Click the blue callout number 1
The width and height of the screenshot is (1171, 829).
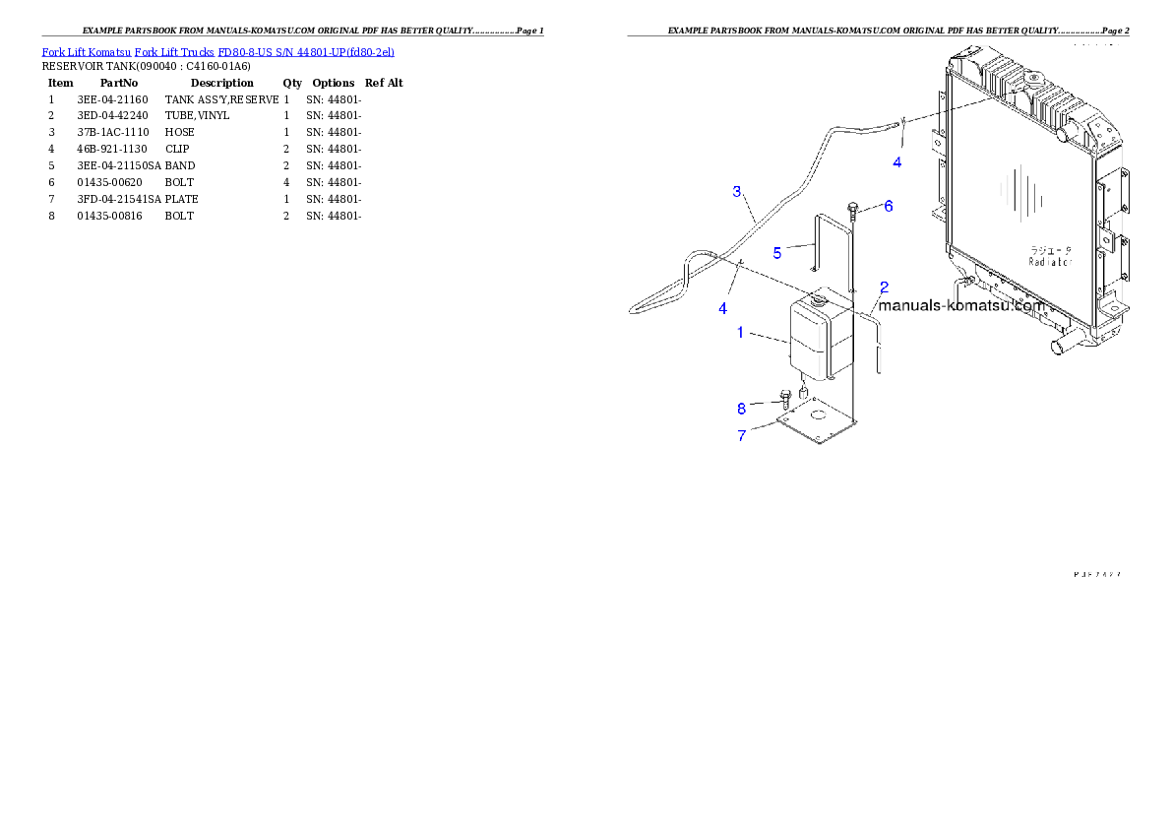coord(740,333)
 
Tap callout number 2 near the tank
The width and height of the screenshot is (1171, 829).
coord(885,287)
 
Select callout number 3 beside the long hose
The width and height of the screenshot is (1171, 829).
coord(737,191)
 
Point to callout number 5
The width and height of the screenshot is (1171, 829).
coord(776,253)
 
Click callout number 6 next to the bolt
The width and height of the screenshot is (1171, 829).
coord(888,206)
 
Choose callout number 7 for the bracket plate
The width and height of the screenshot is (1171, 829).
coord(742,435)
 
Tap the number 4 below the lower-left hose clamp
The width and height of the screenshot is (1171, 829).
coord(722,308)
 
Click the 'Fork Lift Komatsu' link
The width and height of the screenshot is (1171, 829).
coord(86,51)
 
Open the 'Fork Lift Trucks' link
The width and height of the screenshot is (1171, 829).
coord(174,51)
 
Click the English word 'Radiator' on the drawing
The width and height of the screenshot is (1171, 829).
coord(1050,262)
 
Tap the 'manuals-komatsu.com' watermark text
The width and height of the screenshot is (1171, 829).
coord(960,305)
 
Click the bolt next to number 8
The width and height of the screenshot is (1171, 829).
coord(785,398)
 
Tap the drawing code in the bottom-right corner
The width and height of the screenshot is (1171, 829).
coord(1097,575)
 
